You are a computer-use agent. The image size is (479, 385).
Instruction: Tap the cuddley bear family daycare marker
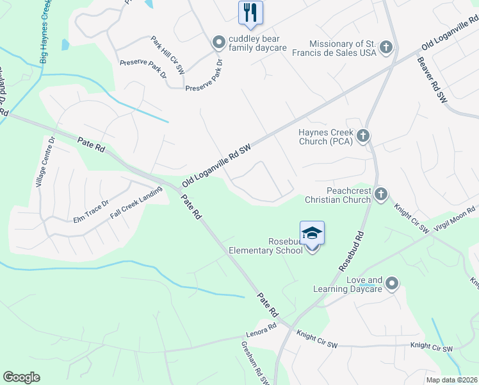[x=219, y=42]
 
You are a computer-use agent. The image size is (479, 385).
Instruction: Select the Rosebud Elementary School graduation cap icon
[x=312, y=233]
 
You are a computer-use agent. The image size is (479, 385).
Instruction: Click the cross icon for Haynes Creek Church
[x=363, y=135]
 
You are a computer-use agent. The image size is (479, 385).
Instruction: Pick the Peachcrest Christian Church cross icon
[x=381, y=194]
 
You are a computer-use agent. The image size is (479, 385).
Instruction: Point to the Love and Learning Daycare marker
[x=392, y=283]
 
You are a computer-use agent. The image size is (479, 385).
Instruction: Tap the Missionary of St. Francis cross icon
[x=386, y=47]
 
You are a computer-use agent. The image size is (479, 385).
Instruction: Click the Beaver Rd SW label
[x=432, y=80]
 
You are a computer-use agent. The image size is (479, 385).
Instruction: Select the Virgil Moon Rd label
[x=456, y=217]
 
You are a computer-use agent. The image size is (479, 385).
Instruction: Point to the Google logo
[x=21, y=377]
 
